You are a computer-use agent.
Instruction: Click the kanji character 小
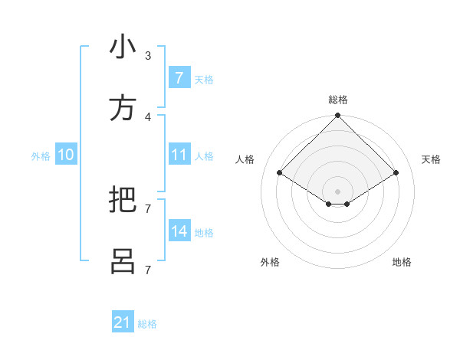tap(123, 47)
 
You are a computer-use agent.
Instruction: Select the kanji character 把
tap(123, 200)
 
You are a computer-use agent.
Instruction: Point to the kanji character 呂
tap(123, 261)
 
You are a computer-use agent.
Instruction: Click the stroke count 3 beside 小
tap(147, 55)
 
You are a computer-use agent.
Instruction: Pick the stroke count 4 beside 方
tap(147, 116)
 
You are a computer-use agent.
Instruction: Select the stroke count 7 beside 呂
tap(147, 270)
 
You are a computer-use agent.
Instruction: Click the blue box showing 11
tap(179, 155)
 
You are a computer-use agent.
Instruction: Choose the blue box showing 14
tap(179, 231)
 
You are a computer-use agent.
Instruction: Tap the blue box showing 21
tap(123, 322)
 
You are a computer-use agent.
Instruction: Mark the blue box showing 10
tap(66, 155)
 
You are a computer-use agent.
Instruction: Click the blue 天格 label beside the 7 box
tap(204, 79)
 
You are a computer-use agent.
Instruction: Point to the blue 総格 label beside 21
tap(147, 324)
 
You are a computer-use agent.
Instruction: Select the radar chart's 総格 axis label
tap(338, 100)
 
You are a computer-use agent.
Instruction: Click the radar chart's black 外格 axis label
tap(270, 262)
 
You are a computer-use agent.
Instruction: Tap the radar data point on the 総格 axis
tap(338, 116)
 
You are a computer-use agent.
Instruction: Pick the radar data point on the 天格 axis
tap(396, 173)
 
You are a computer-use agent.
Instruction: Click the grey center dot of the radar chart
tap(338, 191)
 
